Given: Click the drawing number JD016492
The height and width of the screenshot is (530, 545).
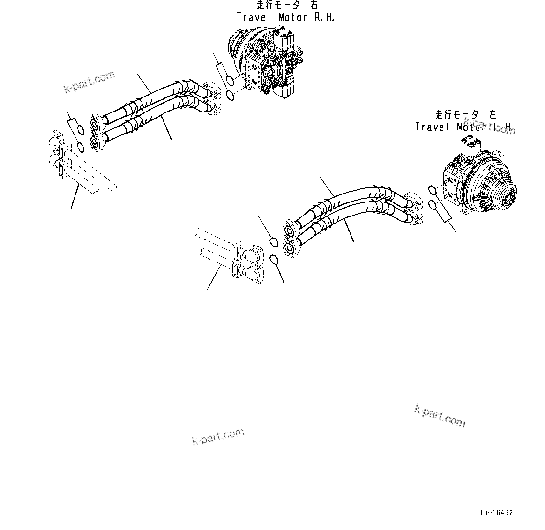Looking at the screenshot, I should pyautogui.click(x=495, y=513).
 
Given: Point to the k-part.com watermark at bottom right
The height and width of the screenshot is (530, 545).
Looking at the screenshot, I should pyautogui.click(x=440, y=416).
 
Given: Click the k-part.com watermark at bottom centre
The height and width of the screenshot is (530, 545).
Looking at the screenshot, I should pyautogui.click(x=218, y=437).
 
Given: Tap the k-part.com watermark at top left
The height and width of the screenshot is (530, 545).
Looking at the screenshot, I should pyautogui.click(x=89, y=82).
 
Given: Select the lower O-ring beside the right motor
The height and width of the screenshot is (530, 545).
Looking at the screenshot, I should pyautogui.click(x=231, y=96).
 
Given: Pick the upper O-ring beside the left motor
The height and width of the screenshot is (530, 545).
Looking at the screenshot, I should pyautogui.click(x=433, y=190).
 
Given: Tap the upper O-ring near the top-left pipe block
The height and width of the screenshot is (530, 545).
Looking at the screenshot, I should pyautogui.click(x=79, y=131).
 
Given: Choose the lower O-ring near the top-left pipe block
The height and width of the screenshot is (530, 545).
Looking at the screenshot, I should pyautogui.click(x=81, y=147).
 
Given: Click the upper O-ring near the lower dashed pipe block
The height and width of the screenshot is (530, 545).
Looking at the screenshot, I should pyautogui.click(x=274, y=242).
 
